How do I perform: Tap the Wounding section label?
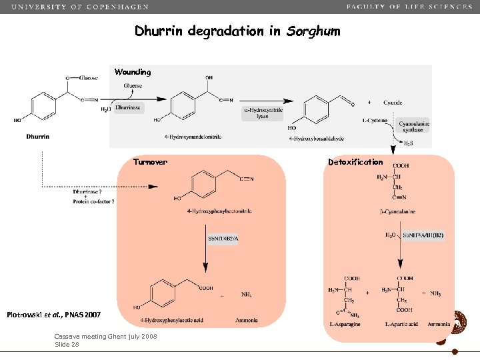(133, 71)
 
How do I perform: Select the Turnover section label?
(150, 162)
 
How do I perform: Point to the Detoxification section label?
(355, 162)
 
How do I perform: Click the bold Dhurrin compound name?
(38, 137)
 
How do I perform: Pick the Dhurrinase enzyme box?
(128, 107)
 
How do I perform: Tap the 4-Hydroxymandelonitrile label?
(193, 137)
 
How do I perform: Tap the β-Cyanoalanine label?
(393, 213)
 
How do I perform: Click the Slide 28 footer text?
(67, 345)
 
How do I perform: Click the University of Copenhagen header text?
(80, 7)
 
